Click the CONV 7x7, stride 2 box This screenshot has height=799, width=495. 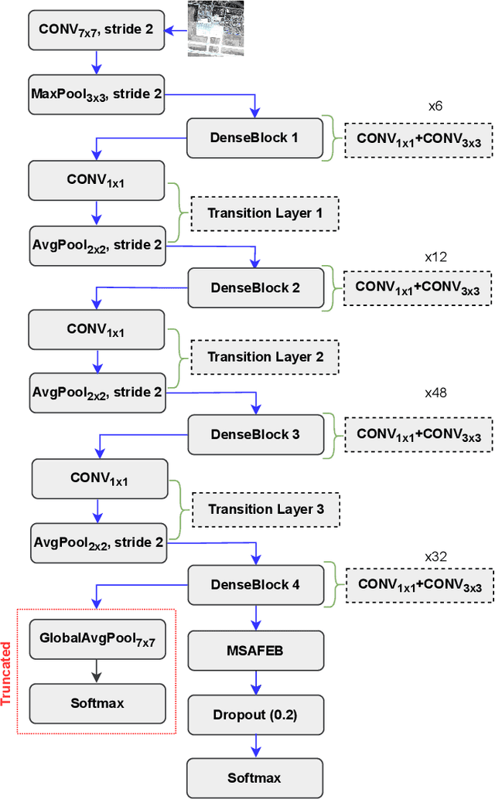[96, 31]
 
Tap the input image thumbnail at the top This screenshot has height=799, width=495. [216, 29]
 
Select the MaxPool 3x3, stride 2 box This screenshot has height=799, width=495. [96, 93]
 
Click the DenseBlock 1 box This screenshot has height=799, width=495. [254, 138]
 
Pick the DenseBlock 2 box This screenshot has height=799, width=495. [254, 287]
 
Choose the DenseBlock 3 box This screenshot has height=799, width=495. [254, 434]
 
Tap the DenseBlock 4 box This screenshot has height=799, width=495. [254, 584]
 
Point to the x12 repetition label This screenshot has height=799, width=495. [435, 256]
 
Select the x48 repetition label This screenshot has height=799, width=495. [435, 393]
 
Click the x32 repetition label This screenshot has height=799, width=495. [436, 556]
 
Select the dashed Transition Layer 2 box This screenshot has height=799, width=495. [265, 357]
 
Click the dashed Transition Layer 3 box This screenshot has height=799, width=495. [265, 509]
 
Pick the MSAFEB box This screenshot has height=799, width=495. [254, 650]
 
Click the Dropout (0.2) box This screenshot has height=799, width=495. [254, 715]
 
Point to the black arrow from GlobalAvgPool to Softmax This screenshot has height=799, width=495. [97, 671]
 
